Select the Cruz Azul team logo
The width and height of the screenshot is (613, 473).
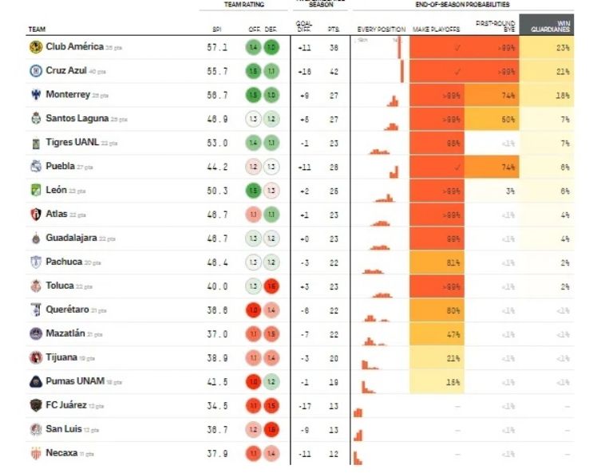[35, 72]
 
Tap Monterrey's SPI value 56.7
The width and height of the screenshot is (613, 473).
[216, 96]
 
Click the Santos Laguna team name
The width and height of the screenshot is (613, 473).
[77, 120]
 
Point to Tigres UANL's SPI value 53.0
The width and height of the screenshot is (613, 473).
[216, 144]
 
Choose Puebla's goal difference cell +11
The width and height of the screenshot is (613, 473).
[304, 168]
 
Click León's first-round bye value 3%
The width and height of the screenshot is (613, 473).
[508, 191]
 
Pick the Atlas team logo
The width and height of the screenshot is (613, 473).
[35, 215]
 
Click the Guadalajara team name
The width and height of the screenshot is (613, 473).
[71, 238]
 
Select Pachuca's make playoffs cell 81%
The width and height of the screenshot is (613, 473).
[453, 262]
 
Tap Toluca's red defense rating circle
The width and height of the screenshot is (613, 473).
[271, 286]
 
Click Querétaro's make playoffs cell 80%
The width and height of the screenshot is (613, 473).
[453, 310]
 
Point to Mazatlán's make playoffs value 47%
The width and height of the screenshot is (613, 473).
[453, 334]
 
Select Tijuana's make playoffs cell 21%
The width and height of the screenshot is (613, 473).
[453, 358]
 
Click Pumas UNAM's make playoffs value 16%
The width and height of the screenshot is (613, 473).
[453, 382]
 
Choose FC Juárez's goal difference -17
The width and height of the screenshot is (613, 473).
[304, 406]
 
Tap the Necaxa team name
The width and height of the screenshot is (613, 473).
[62, 453]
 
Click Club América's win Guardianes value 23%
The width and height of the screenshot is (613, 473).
[563, 48]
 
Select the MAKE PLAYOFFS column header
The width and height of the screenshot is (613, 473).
[436, 30]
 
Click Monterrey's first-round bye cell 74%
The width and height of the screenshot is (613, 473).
[508, 96]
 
